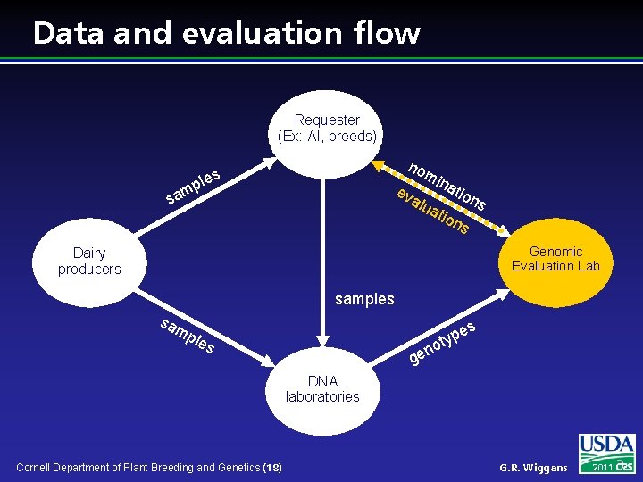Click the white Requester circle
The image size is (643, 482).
click(x=327, y=129)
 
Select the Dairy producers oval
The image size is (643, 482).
click(x=89, y=261)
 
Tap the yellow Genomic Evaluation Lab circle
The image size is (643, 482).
click(x=555, y=259)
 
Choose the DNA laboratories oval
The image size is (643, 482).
click(x=322, y=389)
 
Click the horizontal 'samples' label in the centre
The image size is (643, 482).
click(x=364, y=299)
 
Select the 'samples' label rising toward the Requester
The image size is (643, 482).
click(x=193, y=183)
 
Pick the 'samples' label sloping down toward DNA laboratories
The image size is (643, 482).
click(x=187, y=335)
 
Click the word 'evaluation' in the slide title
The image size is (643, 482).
click(x=267, y=33)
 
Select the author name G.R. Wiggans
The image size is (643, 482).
click(x=533, y=468)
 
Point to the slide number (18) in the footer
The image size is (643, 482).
click(x=271, y=468)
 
